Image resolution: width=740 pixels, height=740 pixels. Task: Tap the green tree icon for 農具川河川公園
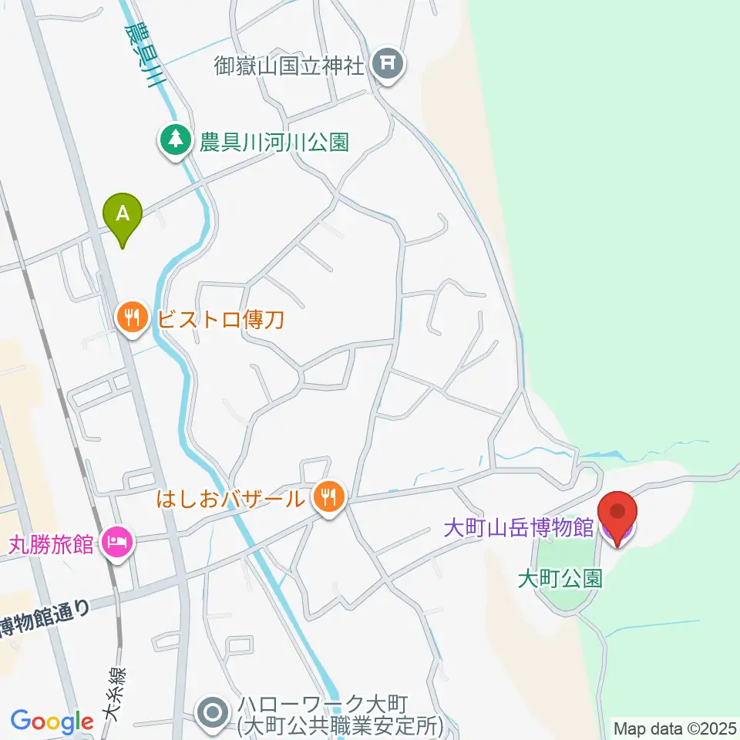pos(177,141)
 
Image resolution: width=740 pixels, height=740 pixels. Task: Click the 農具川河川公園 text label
pos(274,142)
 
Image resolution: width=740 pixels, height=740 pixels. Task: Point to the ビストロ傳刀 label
pos(222,317)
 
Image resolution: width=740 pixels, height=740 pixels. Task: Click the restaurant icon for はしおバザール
pos(329,497)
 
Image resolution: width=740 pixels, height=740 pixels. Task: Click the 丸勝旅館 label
pos(51,544)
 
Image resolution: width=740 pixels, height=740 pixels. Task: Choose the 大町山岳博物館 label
pos(518,528)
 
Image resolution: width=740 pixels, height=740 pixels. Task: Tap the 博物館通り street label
pos(46,617)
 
